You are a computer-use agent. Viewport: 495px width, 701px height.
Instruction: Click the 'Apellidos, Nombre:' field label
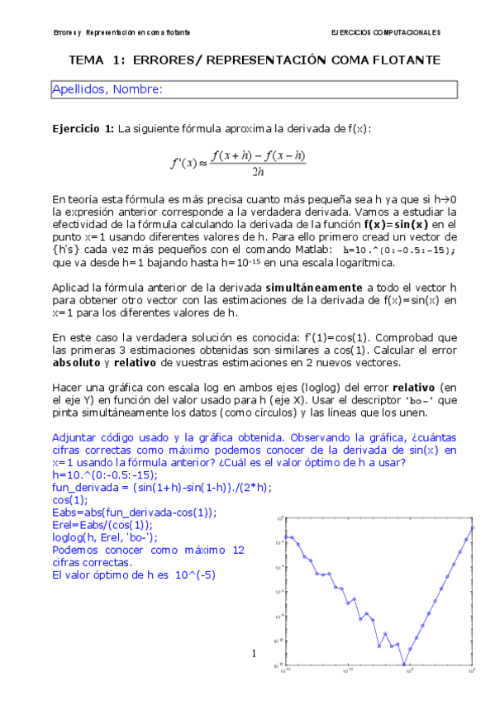[107, 89]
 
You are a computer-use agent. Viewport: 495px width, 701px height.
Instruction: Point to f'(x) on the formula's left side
[183, 163]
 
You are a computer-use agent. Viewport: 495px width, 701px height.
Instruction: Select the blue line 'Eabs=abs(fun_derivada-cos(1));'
[134, 512]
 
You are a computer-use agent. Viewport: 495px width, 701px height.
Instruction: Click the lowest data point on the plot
[404, 664]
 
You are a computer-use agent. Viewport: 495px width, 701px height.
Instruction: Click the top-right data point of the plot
[472, 527]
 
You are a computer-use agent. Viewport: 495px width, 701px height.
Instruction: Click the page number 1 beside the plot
[255, 655]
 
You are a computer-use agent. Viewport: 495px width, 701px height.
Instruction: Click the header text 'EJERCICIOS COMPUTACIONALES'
[384, 32]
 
